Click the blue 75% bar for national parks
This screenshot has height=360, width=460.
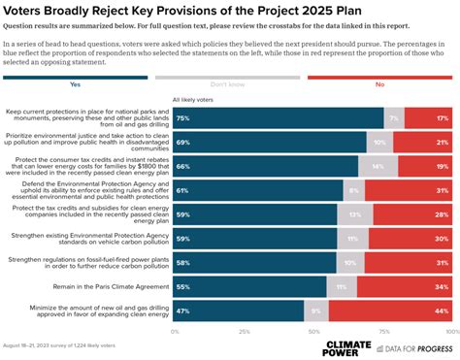277,117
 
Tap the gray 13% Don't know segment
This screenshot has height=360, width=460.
355,214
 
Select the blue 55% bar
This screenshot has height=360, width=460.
248,287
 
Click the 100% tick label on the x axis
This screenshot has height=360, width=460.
448,331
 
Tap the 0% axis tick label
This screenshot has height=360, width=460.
174,331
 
